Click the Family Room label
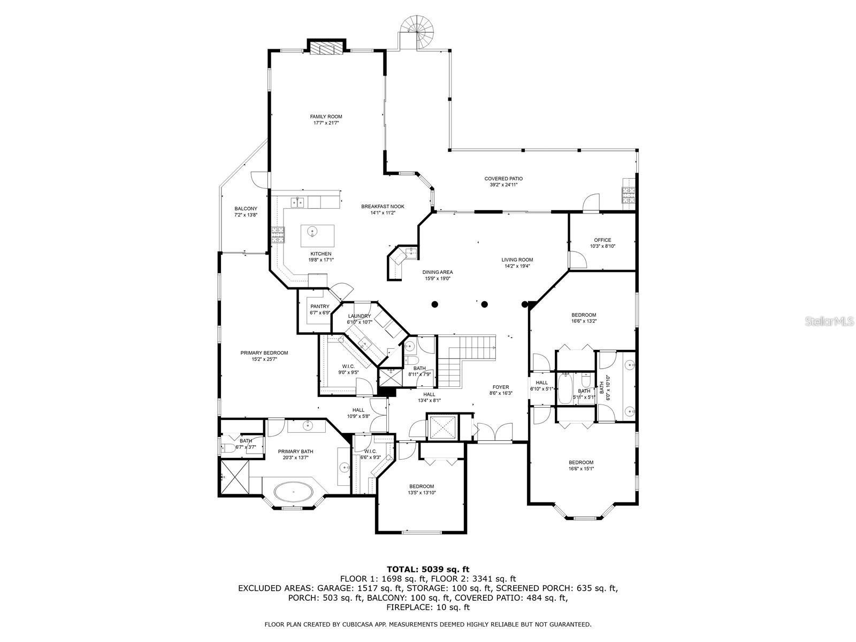(326, 117)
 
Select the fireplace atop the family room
(326, 48)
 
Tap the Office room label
(602, 240)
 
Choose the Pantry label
(320, 307)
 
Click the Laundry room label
(359, 316)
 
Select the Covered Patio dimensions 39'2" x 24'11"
(503, 185)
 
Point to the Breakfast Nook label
(383, 207)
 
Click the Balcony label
(246, 209)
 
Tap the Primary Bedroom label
(264, 353)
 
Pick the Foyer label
(501, 387)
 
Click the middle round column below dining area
(484, 304)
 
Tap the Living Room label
(518, 260)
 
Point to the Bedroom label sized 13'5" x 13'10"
(422, 486)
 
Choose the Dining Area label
(438, 272)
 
